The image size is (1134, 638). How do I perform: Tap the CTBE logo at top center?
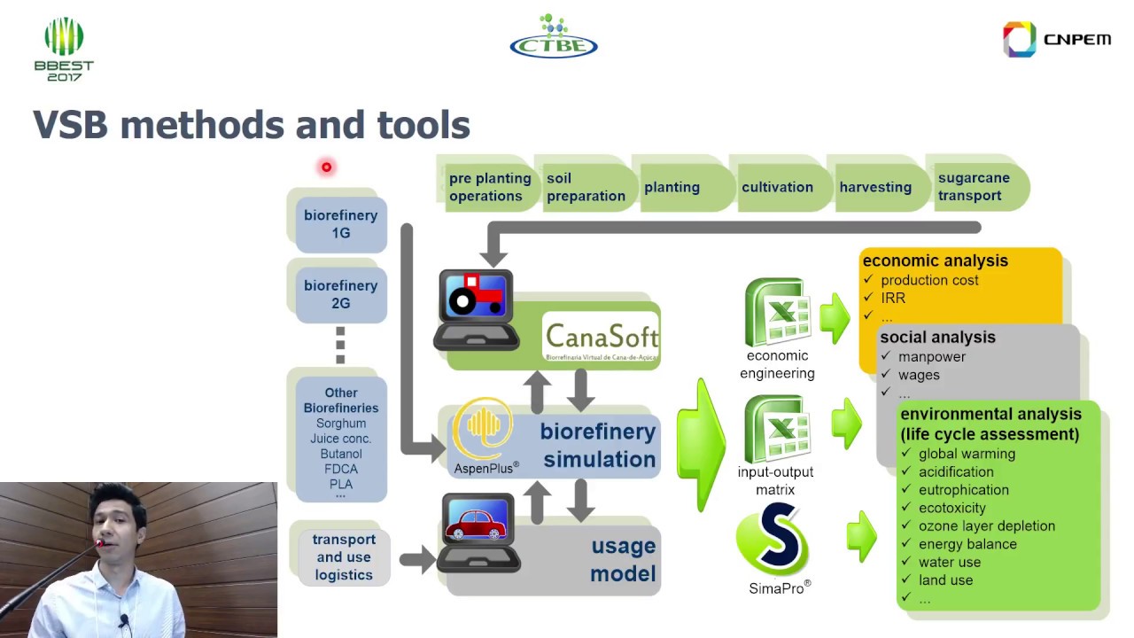coord(554,37)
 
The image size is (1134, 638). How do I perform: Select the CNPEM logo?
coord(1056,40)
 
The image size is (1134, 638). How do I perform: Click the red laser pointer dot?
coord(326,167)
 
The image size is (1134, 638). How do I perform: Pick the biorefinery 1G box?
coord(340,224)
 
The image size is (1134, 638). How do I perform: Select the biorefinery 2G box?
coord(340,294)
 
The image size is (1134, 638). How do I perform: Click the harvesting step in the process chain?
coord(875,187)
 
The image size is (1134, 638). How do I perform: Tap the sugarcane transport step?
coord(975,187)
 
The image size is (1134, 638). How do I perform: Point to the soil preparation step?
coord(585,187)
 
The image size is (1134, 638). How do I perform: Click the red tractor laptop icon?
coord(477,308)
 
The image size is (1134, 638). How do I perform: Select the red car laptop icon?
coord(478,530)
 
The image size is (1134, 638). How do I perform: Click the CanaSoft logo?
coord(601,336)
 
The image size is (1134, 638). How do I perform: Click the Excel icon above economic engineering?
coord(777,312)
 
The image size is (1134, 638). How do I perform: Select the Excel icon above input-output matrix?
coord(777,429)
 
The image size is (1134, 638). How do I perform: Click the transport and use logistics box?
coord(344,556)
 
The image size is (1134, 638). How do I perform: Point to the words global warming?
coord(967,454)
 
